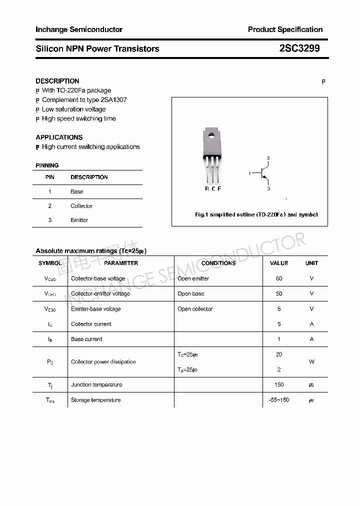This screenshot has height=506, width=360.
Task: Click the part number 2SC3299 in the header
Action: coord(299,48)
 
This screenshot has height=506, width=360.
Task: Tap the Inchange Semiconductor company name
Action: coord(79,29)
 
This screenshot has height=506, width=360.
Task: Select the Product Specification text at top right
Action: coord(285,29)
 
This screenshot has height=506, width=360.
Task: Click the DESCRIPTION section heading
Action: coord(57,81)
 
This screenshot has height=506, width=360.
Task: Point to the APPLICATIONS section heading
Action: coord(59,137)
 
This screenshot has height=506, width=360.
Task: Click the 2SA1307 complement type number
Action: coord(113,99)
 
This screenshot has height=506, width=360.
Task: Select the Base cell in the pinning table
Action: coord(77,191)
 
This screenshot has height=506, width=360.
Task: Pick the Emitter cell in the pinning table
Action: coord(79,220)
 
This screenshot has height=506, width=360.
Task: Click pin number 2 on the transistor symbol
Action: coord(268,158)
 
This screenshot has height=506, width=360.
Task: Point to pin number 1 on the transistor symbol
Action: coord(249,173)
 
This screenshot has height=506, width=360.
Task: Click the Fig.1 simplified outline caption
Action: coord(256,214)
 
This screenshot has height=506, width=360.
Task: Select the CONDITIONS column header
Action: coord(218,263)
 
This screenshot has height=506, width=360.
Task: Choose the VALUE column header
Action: coord(279,263)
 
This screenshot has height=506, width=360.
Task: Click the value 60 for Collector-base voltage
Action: coord(279,278)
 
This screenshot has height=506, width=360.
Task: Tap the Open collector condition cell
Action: coord(195,309)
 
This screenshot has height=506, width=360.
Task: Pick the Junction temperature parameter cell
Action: coord(96,384)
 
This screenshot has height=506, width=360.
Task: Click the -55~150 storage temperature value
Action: coord(279,400)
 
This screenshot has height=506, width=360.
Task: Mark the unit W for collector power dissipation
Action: coord(311,362)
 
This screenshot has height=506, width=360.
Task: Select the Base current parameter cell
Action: coord(86,339)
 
